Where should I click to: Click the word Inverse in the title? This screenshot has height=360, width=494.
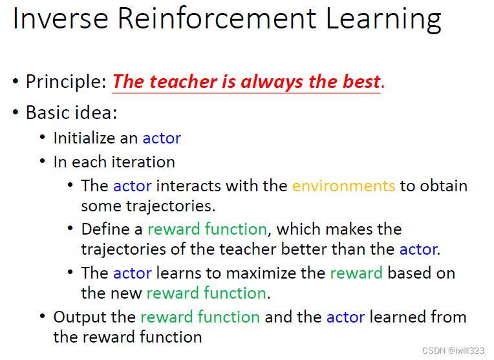pyautogui.click(x=61, y=18)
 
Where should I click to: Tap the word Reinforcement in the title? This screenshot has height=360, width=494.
pyautogui.click(x=217, y=18)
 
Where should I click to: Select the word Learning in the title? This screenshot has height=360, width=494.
pyautogui.click(x=383, y=19)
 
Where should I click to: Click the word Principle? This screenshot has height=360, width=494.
pyautogui.click(x=66, y=82)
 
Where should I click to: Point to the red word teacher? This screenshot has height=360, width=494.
pyautogui.click(x=184, y=81)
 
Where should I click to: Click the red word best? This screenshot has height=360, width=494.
pyautogui.click(x=361, y=81)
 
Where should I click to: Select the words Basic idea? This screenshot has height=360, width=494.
pyautogui.click(x=71, y=112)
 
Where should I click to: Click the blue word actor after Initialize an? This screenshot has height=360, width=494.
pyautogui.click(x=162, y=138)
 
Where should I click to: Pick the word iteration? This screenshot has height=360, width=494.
pyautogui.click(x=144, y=162)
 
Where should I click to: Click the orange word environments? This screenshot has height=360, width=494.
pyautogui.click(x=344, y=186)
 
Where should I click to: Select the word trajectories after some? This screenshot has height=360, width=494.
pyautogui.click(x=171, y=206)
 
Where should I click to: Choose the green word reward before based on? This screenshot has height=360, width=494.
pyautogui.click(x=356, y=273)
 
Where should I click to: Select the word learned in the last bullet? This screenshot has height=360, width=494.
pyautogui.click(x=398, y=317)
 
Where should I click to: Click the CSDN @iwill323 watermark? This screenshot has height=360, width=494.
pyautogui.click(x=453, y=350)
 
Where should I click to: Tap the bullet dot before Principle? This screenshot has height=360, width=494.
pyautogui.click(x=16, y=81)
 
